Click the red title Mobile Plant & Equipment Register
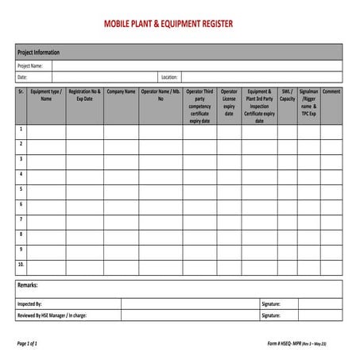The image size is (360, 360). (x=168, y=24)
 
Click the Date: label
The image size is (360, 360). (x=22, y=78)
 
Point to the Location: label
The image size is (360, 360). (x=169, y=78)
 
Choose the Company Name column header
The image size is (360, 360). (x=121, y=92)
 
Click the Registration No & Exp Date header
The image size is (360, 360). (x=84, y=96)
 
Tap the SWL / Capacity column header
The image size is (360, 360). (x=287, y=96)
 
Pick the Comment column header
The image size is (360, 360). (x=331, y=92)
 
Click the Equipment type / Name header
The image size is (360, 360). (x=46, y=96)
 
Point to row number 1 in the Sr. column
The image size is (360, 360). (x=21, y=129)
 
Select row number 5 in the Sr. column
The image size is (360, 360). (x=21, y=188)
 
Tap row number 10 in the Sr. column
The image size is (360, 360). (x=21, y=263)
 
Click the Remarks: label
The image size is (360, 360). (x=28, y=285)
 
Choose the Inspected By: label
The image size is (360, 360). (x=29, y=304)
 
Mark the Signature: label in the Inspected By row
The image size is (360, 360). (x=271, y=304)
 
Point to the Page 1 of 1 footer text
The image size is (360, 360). (x=28, y=343)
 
